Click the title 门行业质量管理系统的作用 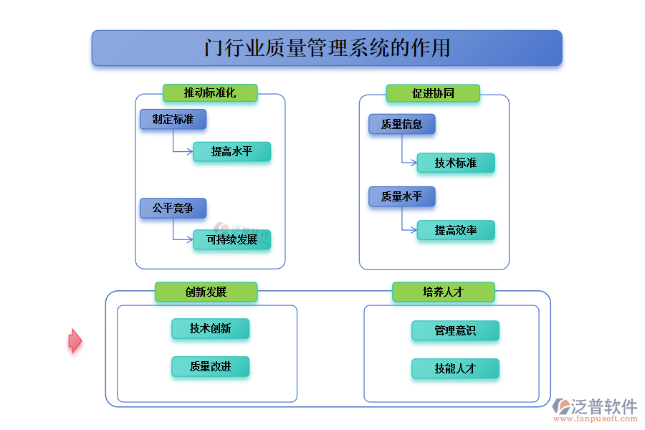coord(327,48)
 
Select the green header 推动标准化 coord(210,92)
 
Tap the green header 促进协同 coord(433,92)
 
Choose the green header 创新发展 coord(206,292)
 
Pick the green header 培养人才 coord(443,292)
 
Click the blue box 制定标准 coord(173,119)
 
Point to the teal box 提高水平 coord(231,151)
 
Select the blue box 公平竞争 coord(173,208)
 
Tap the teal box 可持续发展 coord(231,239)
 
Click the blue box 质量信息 coord(401,124)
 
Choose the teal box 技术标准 coord(456,163)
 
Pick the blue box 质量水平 coord(401,196)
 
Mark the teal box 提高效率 coord(456,230)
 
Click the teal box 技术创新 coord(210,328)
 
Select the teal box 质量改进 coord(210,366)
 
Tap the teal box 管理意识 coord(455,330)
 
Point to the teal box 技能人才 coord(455,368)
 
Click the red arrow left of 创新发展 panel coord(75,340)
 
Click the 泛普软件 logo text coord(603,406)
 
